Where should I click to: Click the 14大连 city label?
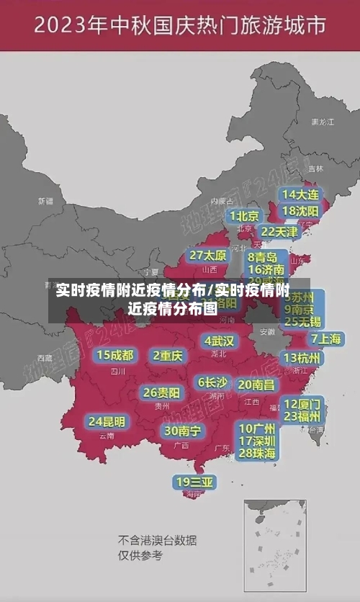pyautogui.click(x=300, y=194)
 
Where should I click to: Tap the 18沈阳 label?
pyautogui.click(x=300, y=211)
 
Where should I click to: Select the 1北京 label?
pyautogui.click(x=244, y=216)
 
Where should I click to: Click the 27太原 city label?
pyautogui.click(x=208, y=256)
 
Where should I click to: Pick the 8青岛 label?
pyautogui.click(x=263, y=257)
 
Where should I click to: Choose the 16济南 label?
pyautogui.click(x=266, y=269)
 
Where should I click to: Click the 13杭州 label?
pyautogui.click(x=303, y=358)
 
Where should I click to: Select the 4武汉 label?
pyautogui.click(x=219, y=341)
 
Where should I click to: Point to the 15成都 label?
pyautogui.click(x=115, y=355)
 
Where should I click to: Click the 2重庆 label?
pyautogui.click(x=168, y=355)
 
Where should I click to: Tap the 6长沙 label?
pyautogui.click(x=212, y=382)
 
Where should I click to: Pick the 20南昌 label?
pyautogui.click(x=256, y=385)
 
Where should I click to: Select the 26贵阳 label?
pyautogui.click(x=161, y=392)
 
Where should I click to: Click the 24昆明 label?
pyautogui.click(x=107, y=421)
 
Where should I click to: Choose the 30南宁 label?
pyautogui.click(x=182, y=431)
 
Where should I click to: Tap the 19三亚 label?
pyautogui.click(x=194, y=481)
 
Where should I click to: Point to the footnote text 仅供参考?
pyautogui.click(x=140, y=555)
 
